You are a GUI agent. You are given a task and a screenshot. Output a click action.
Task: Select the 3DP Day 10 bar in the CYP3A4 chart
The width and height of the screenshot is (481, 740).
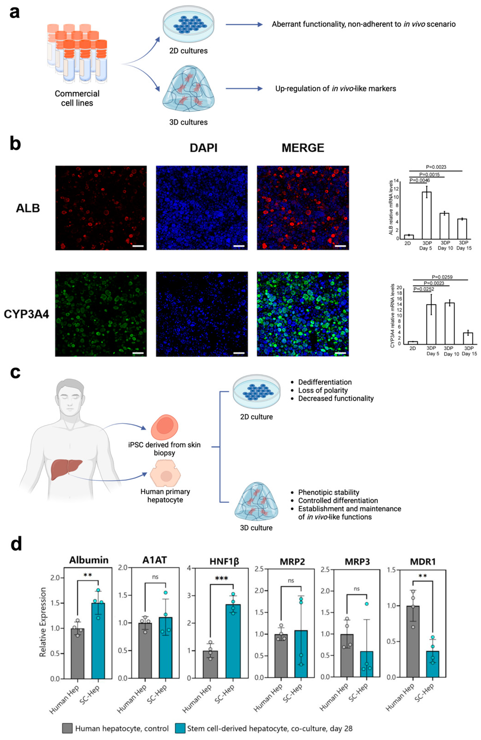[x=449, y=323]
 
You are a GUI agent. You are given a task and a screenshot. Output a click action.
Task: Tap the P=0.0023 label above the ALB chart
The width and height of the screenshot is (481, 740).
[x=436, y=167]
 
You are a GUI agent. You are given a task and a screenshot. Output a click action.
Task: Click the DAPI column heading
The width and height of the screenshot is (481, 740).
[x=204, y=148]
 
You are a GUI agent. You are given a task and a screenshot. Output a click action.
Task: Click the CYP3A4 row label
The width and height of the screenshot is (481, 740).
[x=26, y=314]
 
